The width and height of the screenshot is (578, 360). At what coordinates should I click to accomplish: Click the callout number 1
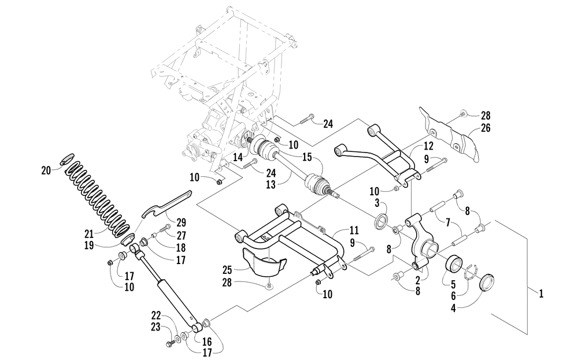[x=541, y=294]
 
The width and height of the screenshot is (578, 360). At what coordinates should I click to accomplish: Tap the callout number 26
[x=486, y=128]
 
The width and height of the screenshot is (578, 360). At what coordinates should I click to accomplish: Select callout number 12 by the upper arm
[x=428, y=146]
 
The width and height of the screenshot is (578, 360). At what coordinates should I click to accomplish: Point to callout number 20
[x=46, y=170]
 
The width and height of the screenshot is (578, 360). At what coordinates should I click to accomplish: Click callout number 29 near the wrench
[x=180, y=222]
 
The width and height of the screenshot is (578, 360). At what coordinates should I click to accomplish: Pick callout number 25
[x=227, y=270]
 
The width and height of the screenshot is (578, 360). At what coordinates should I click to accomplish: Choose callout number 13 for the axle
[x=271, y=184]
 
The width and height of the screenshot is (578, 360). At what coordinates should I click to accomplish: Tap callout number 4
[x=453, y=309]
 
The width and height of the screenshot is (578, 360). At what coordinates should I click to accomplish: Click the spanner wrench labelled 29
[x=166, y=204]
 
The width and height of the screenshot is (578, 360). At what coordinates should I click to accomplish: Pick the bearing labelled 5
[x=454, y=264]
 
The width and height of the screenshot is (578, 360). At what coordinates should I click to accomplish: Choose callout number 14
[x=238, y=157]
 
